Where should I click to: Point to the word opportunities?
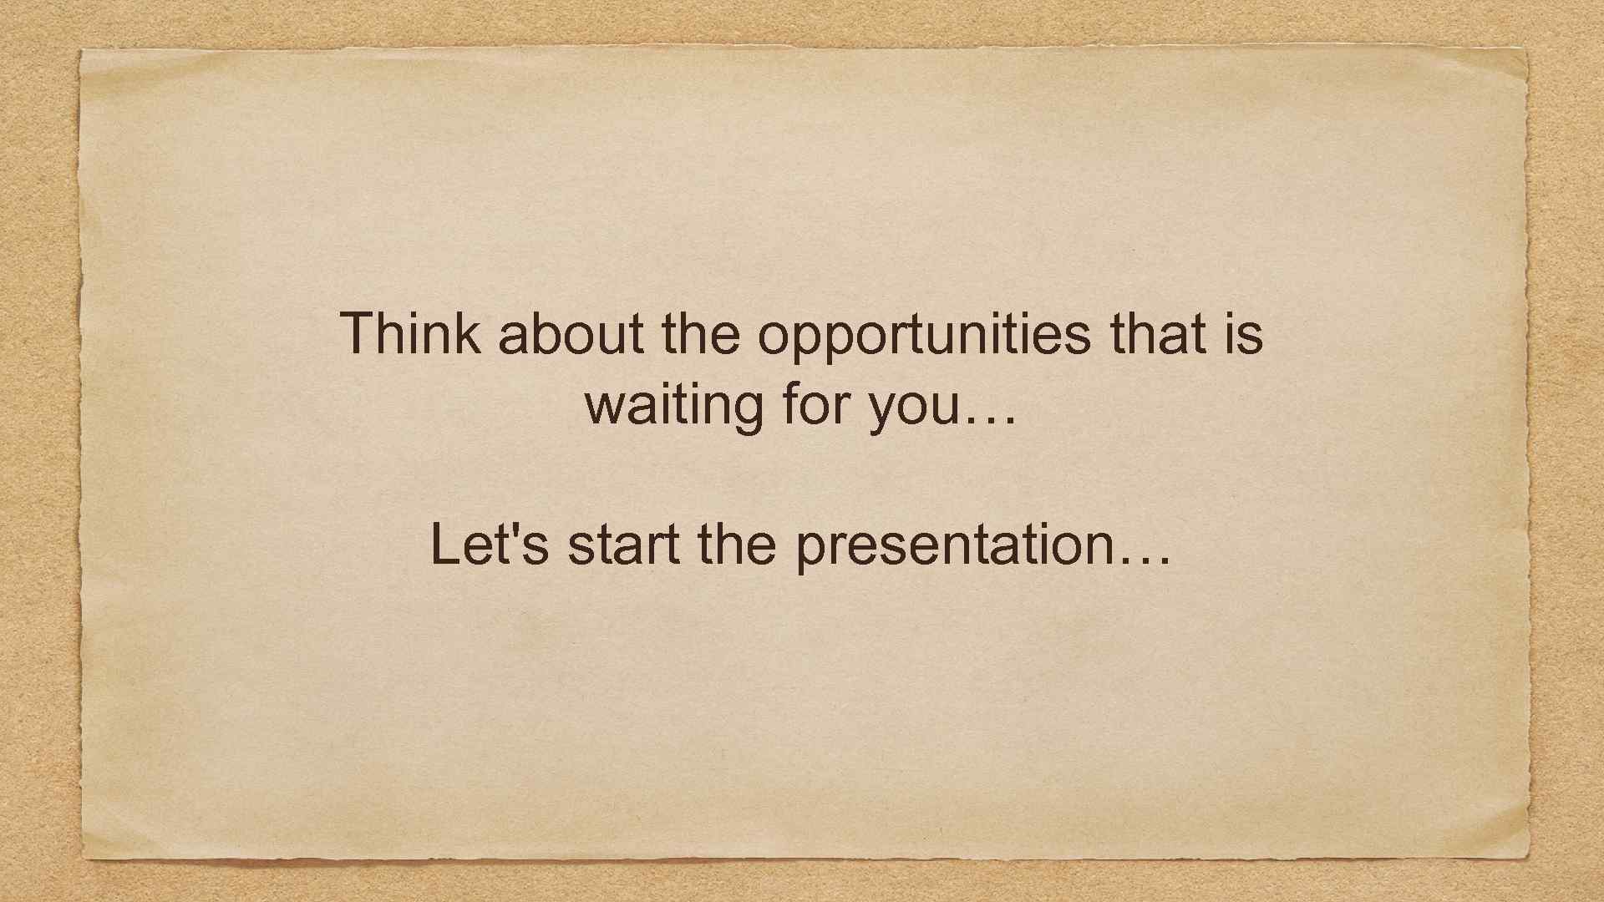924,336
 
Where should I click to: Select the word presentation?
953,547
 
